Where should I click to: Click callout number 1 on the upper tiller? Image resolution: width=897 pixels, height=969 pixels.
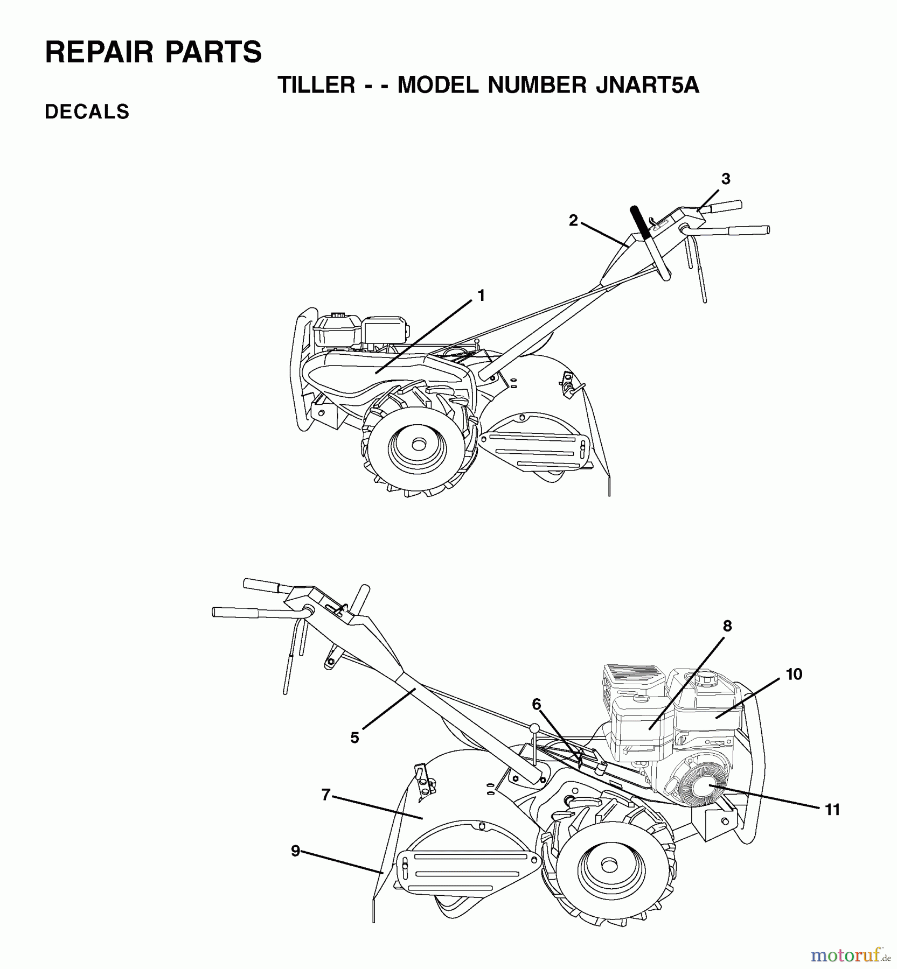481,296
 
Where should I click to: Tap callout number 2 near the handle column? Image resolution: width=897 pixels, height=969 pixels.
573,220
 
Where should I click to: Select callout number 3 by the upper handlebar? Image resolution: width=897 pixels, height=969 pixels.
725,179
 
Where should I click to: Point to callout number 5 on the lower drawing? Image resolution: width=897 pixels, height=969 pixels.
354,738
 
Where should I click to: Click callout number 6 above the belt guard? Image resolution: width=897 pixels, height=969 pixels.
536,704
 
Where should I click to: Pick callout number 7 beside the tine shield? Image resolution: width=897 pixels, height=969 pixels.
325,795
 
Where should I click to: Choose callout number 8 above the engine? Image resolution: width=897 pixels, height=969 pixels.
727,626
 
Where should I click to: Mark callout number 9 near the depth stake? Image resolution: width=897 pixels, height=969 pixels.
295,851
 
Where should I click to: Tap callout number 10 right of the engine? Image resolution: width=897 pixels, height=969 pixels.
794,674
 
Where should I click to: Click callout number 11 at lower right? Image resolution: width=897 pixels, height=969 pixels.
832,810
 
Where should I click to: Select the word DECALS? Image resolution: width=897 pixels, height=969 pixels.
87,112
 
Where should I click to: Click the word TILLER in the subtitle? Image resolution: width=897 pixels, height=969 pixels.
316,85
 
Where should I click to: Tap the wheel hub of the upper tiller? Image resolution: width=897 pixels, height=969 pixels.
418,445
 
